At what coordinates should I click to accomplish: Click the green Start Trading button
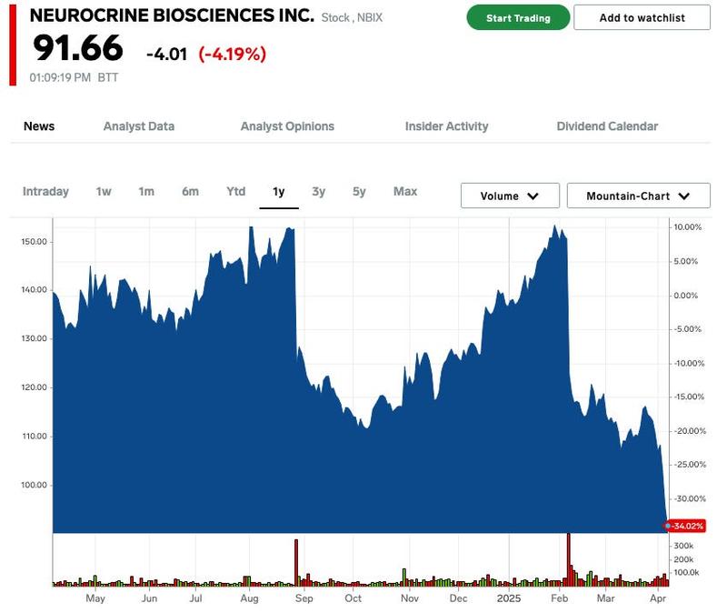coord(518,17)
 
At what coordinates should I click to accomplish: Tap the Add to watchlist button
coord(642,17)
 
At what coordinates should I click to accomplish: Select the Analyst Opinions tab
coord(287,126)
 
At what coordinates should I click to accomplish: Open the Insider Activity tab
coord(446,126)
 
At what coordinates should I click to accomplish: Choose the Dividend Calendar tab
coord(607,126)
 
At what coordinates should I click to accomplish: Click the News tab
coord(39,126)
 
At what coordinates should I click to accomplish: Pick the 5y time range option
coord(359,191)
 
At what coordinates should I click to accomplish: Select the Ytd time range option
coord(236,191)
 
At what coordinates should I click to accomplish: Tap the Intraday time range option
coord(45,191)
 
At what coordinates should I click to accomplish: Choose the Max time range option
coord(405,191)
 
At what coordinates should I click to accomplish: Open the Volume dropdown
coord(509,196)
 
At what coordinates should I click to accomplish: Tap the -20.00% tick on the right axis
coord(688,431)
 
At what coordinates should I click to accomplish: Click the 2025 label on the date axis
coord(507,598)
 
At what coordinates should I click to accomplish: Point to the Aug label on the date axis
coord(250,598)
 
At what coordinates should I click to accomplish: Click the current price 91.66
coord(78,49)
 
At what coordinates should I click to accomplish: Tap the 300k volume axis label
coord(683,545)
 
